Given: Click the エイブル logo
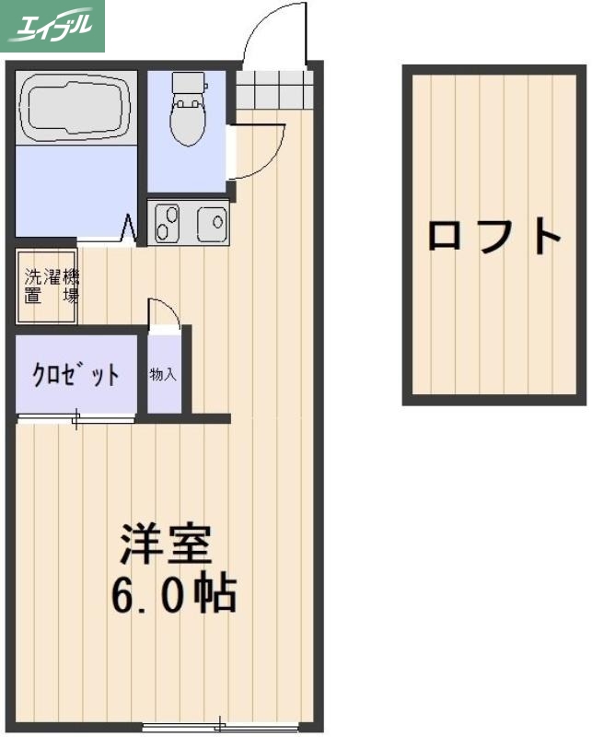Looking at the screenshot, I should tap(52, 26).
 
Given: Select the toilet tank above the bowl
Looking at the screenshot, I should tap(190, 85).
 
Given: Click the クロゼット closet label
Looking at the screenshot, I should tap(76, 375).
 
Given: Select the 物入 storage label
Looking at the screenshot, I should tap(164, 375).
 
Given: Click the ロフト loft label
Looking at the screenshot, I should tap(493, 237).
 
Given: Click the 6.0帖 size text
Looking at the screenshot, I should tap(174, 595).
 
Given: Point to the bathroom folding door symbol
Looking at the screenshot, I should tap(129, 228).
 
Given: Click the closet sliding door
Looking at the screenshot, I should tap(76, 421).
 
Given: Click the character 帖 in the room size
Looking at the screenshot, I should tap(217, 595).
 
